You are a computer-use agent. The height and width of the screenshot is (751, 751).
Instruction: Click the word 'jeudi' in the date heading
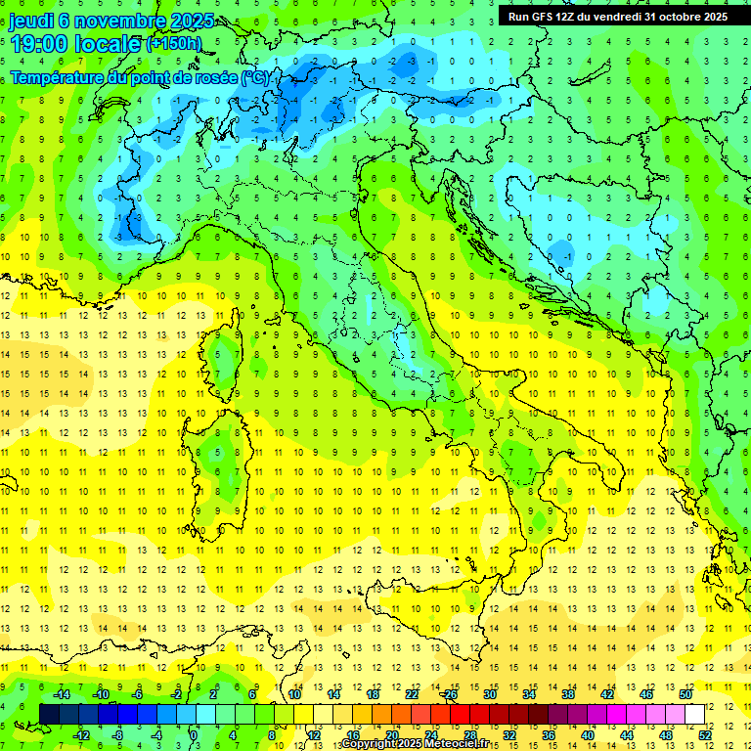31,21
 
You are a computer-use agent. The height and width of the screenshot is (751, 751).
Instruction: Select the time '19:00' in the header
40,44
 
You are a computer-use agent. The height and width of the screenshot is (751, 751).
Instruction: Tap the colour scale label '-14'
61,694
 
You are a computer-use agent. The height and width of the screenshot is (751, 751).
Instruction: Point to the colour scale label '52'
705,734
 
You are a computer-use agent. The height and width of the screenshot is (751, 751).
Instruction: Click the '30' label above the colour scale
490,694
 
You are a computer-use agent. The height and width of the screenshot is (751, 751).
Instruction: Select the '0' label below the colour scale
195,734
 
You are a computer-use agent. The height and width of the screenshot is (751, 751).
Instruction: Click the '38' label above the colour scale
568,694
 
